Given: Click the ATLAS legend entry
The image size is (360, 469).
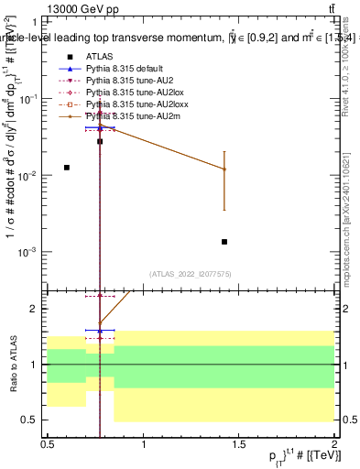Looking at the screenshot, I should pos(98,57).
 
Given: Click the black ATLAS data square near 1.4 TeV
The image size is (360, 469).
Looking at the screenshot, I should pos(224,242).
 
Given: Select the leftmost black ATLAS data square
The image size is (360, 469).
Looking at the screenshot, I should pos(67,168).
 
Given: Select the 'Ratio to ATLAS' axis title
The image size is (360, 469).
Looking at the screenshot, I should pos(12,364).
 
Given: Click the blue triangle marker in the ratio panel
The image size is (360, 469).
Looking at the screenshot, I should pos(100,331).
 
